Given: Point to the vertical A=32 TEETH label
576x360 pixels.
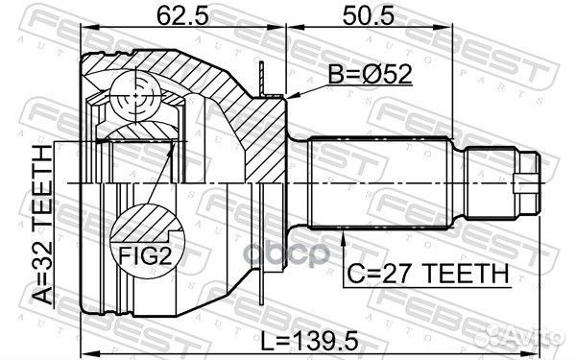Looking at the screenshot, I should tap(41, 225).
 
